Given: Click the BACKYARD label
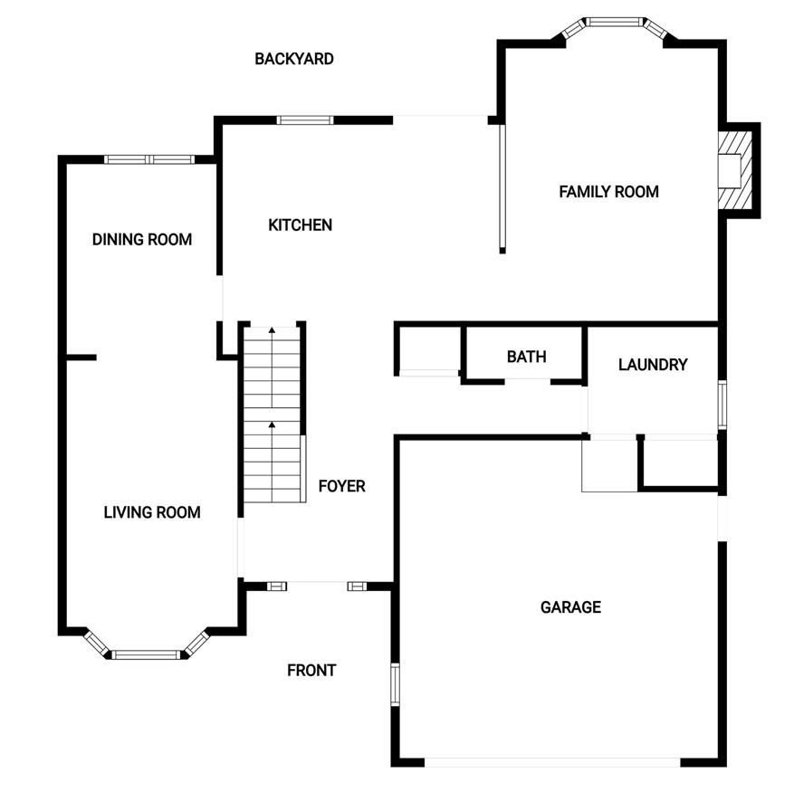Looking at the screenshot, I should point(294,59).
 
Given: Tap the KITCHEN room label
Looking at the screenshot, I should point(301,224).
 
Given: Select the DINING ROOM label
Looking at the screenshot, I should point(142,240).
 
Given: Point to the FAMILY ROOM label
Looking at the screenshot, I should point(608,192).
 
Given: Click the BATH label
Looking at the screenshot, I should point(526,357).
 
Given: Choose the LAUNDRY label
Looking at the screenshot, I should point(653,365).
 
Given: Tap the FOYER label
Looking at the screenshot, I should point(342,486).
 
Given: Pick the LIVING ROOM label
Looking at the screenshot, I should point(152,512).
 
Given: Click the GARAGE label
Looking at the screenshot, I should point(570,606).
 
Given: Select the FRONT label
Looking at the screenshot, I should point(311,671).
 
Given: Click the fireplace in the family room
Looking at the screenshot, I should point(733,169).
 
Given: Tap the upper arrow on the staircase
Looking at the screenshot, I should point(272,333).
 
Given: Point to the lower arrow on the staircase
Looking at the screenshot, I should point(272,424).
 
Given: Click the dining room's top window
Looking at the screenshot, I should point(149,160).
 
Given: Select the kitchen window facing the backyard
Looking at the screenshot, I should point(305,119).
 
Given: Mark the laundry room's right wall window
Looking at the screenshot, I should point(722,404).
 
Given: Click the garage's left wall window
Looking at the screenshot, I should point(395,683).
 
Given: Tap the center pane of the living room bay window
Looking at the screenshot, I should point(147,654).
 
